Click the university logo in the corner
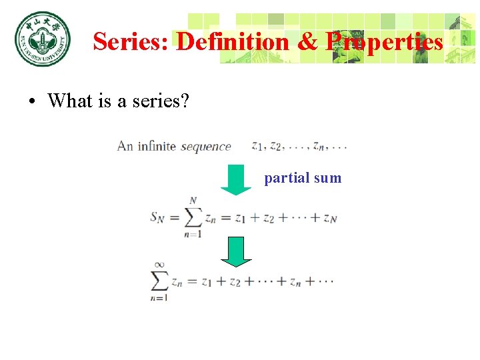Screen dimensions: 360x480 [41, 39]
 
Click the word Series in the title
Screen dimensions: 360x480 [131, 42]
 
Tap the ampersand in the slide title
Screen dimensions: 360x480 [307, 42]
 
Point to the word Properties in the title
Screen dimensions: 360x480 [384, 42]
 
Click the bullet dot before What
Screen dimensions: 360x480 [31, 102]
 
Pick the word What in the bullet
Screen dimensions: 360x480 [70, 101]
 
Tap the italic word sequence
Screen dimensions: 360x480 [206, 147]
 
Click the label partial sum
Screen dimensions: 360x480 [303, 178]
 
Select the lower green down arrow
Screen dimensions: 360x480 [235, 251]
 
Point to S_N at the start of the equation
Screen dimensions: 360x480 [157, 217]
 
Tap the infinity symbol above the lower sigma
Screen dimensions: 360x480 [159, 265]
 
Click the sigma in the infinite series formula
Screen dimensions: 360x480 [160, 281]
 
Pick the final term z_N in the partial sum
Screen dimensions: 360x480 [329, 218]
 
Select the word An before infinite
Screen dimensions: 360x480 [125, 146]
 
